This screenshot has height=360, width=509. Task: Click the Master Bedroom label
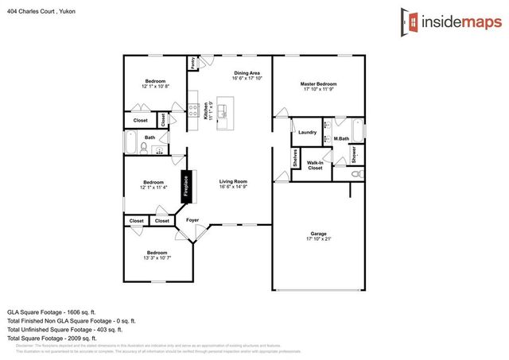[318, 83]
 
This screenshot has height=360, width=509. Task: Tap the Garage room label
[318, 234]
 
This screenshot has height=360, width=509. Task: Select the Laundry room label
[309, 132]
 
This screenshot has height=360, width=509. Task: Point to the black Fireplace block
[187, 185]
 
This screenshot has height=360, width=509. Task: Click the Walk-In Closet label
[315, 165]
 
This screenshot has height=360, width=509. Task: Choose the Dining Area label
[247, 73]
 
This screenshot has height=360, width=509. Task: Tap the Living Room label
[234, 181]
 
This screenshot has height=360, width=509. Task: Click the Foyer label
[192, 220]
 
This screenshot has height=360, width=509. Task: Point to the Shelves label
[294, 159]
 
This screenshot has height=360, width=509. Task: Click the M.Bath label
[341, 140]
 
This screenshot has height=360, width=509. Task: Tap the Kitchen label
[205, 110]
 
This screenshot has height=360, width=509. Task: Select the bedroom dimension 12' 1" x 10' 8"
[155, 86]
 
